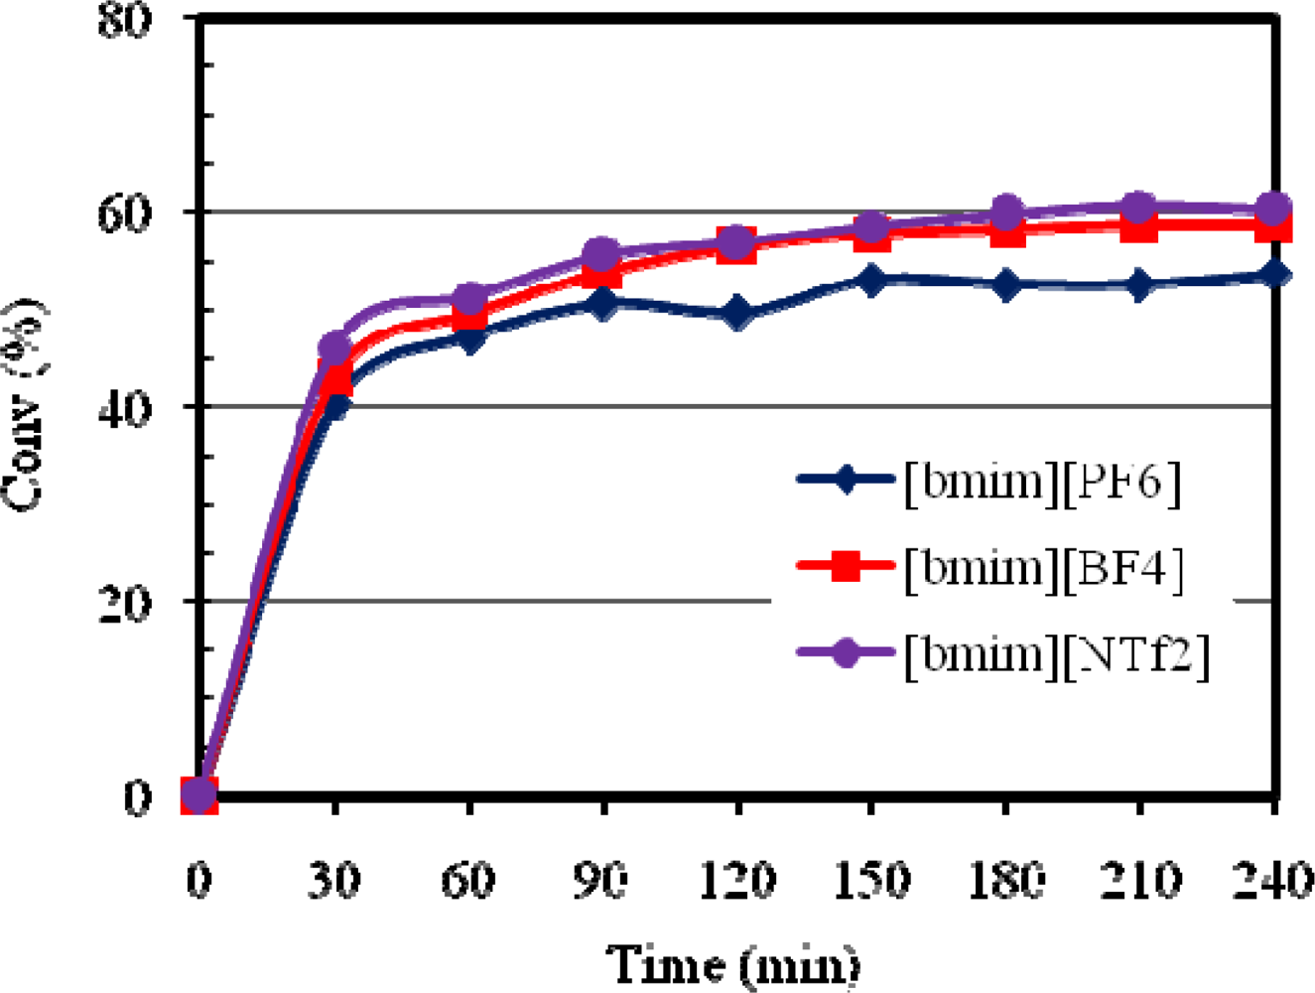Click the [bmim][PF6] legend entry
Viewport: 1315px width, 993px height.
pos(1042,483)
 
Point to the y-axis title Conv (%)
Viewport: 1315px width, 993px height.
pos(24,405)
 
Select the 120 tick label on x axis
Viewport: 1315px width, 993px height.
pos(736,880)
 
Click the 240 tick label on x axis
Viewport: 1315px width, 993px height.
pos(1273,880)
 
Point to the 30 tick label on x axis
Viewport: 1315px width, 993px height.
pos(333,880)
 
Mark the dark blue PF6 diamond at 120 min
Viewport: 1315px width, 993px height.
pos(736,315)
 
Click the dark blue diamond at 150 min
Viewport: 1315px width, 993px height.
pos(871,281)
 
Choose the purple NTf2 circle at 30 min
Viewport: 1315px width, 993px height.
pos(334,348)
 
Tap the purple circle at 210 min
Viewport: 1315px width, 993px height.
pos(1139,209)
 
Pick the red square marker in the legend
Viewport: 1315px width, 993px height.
pos(845,567)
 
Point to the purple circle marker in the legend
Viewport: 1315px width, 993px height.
pos(845,653)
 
